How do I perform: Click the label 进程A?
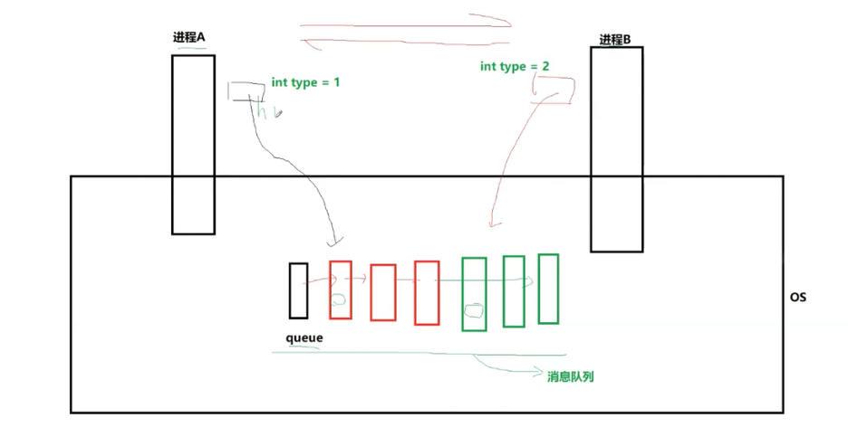[189, 37]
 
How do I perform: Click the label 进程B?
[615, 40]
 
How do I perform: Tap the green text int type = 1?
[306, 82]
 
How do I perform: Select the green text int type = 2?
[515, 67]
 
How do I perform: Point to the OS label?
[797, 297]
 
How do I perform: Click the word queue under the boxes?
[304, 337]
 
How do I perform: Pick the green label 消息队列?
[570, 375]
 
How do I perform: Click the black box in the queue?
[298, 290]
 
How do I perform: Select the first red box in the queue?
[341, 290]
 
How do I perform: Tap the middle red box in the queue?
[383, 292]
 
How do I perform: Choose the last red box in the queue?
[427, 292]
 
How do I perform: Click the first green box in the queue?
[474, 294]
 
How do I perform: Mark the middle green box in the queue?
[514, 291]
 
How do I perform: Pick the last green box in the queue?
[548, 289]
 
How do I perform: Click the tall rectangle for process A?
[193, 145]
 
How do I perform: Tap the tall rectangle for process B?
[616, 149]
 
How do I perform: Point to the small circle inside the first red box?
[339, 299]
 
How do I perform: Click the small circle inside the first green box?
[473, 311]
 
